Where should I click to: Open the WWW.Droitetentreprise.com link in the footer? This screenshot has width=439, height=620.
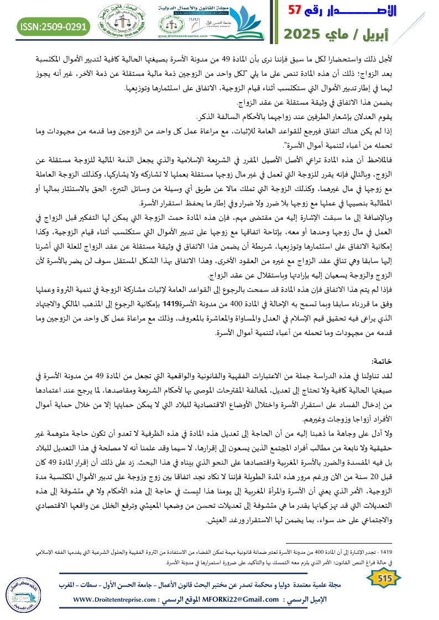(116, 599)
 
